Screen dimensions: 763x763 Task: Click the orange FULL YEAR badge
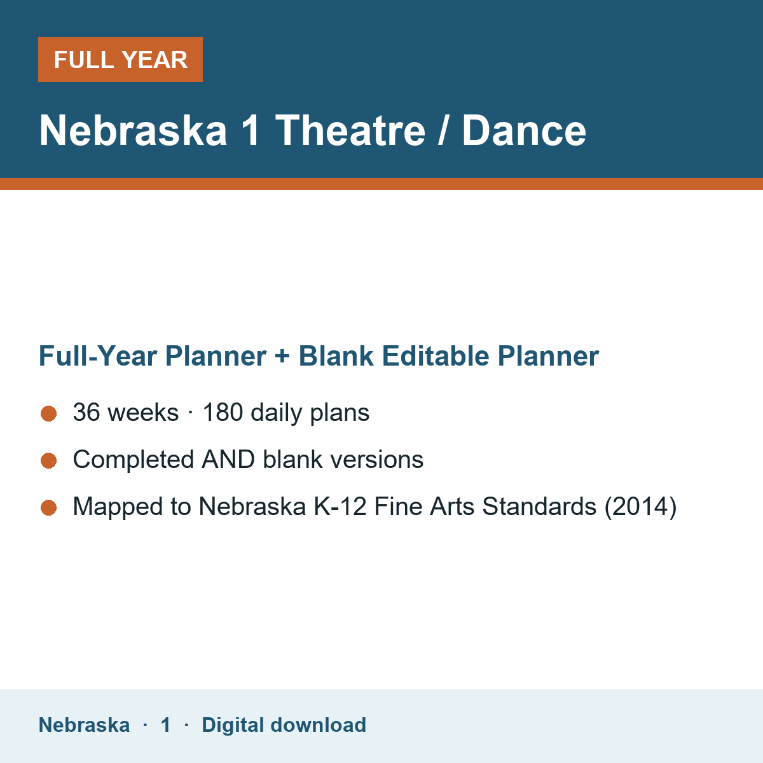[120, 59]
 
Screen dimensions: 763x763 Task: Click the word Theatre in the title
[350, 130]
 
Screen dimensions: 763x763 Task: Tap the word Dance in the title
[524, 130]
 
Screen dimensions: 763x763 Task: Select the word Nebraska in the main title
[133, 130]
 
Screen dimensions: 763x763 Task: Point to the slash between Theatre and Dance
[443, 130]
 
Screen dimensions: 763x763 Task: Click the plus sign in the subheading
[282, 356]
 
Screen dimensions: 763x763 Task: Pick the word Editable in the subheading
[436, 355]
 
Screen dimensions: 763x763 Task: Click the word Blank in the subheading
[336, 355]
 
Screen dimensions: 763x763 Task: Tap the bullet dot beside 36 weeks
[49, 414]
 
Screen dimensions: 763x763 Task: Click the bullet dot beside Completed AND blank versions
[49, 460]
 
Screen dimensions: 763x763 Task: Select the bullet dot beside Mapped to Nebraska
[49, 507]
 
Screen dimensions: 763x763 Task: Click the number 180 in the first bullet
[223, 412]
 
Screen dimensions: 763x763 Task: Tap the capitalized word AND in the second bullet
[228, 459]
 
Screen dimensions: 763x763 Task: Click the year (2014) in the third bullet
[641, 507]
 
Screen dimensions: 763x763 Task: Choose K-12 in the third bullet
[340, 506]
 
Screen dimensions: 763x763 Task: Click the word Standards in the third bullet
[539, 506]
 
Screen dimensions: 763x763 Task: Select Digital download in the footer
[284, 725]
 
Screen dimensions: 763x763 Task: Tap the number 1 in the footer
[165, 725]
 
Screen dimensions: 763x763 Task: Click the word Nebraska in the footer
[85, 725]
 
